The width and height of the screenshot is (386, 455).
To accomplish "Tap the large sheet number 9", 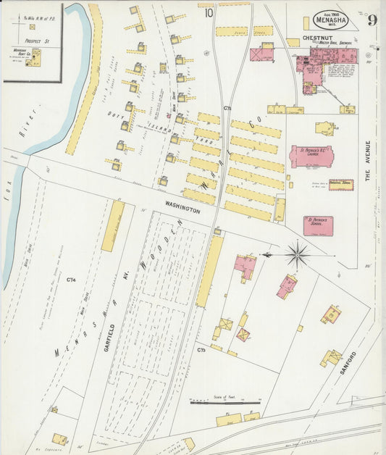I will point(372,20).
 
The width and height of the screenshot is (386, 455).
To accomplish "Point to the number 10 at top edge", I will point(209,12).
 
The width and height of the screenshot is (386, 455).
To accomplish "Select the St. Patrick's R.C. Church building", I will point(311,156).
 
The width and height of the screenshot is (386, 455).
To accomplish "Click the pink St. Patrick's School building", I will point(318,225).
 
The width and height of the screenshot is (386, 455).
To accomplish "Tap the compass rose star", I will point(297,254).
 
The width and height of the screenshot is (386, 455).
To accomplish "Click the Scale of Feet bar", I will point(225,401).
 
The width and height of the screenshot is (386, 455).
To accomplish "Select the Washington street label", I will point(182,208).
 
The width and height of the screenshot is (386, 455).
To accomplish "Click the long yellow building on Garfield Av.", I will point(113,226).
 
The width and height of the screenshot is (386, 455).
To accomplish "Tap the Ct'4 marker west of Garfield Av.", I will point(71,280).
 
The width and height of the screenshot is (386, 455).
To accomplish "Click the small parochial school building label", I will point(340,185).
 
